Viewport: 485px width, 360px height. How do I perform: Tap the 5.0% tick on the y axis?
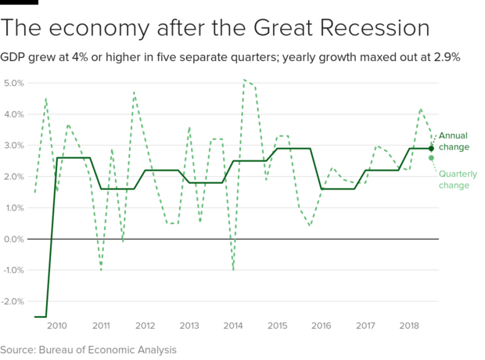14,83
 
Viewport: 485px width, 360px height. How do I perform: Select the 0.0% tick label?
14,239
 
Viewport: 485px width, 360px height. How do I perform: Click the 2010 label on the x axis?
57,325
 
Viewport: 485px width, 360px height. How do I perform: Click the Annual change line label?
454,142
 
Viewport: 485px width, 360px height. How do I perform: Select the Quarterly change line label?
454,180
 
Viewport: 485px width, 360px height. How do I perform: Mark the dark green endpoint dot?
431,149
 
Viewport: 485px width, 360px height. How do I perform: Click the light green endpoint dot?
431,158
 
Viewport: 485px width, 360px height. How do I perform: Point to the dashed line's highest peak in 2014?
245,79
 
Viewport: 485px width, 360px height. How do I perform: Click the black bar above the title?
19,2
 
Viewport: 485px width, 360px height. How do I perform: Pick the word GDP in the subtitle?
13,57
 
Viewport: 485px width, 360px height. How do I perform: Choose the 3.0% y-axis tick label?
14,146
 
